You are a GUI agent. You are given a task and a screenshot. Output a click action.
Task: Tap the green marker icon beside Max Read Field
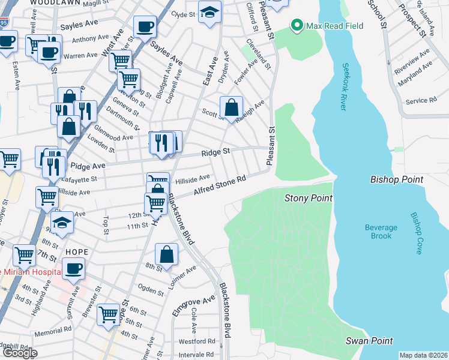click(296, 26)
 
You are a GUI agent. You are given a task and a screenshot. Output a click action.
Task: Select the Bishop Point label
click(397, 179)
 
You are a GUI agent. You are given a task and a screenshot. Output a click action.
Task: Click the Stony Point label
click(309, 197)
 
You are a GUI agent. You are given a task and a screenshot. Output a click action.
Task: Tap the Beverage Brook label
click(381, 232)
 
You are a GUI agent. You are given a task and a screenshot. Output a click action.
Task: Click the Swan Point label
click(369, 341)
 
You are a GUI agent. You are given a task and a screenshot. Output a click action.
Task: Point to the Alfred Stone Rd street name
click(220, 185)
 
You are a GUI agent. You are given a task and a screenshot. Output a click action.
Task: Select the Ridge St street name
click(215, 152)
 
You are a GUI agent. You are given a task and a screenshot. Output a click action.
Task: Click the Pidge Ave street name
click(88, 165)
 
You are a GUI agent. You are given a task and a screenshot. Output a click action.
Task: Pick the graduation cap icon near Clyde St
click(209, 12)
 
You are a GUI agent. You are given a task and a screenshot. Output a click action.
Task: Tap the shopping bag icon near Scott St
click(231, 108)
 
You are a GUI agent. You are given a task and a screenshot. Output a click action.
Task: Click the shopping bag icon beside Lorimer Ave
click(167, 254)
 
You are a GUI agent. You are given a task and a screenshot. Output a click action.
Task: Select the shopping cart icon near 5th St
click(109, 313)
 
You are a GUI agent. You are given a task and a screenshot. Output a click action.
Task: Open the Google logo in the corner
click(19, 353)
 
